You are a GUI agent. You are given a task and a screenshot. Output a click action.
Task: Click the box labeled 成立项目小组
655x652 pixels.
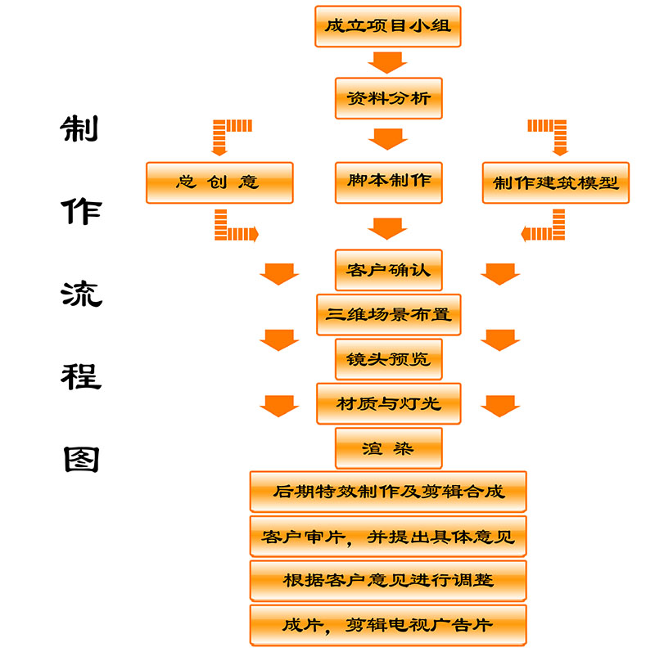click(388, 26)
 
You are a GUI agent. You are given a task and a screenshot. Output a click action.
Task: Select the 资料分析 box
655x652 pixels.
click(388, 100)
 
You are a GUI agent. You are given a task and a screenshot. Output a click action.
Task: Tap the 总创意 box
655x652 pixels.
click(219, 182)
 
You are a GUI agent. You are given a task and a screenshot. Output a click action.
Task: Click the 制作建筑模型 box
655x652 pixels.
click(555, 182)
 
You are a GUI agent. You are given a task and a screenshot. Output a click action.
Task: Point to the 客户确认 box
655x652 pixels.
click(388, 270)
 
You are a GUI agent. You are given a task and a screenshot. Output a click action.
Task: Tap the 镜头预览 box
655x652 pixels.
click(388, 359)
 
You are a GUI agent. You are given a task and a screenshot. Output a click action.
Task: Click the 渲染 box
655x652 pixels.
click(388, 448)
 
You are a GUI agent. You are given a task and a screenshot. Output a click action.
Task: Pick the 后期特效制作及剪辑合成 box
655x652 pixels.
click(388, 492)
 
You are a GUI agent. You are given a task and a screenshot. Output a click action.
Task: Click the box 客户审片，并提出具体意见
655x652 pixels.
click(388, 537)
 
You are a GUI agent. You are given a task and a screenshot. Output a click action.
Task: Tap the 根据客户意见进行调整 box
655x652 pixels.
click(388, 581)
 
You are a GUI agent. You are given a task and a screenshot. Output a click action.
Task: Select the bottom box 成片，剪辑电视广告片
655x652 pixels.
click(388, 625)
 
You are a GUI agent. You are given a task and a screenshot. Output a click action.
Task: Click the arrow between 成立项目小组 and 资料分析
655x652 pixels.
click(387, 62)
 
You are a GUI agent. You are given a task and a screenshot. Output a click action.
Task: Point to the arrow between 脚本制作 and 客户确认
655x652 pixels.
click(387, 227)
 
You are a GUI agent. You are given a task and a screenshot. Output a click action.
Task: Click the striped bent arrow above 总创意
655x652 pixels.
click(229, 133)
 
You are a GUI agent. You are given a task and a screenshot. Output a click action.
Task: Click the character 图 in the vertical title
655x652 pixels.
click(81, 458)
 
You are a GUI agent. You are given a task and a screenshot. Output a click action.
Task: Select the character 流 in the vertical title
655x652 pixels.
click(81, 293)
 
